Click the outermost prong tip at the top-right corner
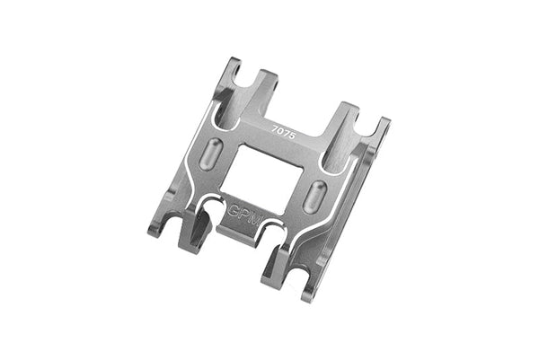coord(387,122)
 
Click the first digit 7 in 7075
coord(274,125)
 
